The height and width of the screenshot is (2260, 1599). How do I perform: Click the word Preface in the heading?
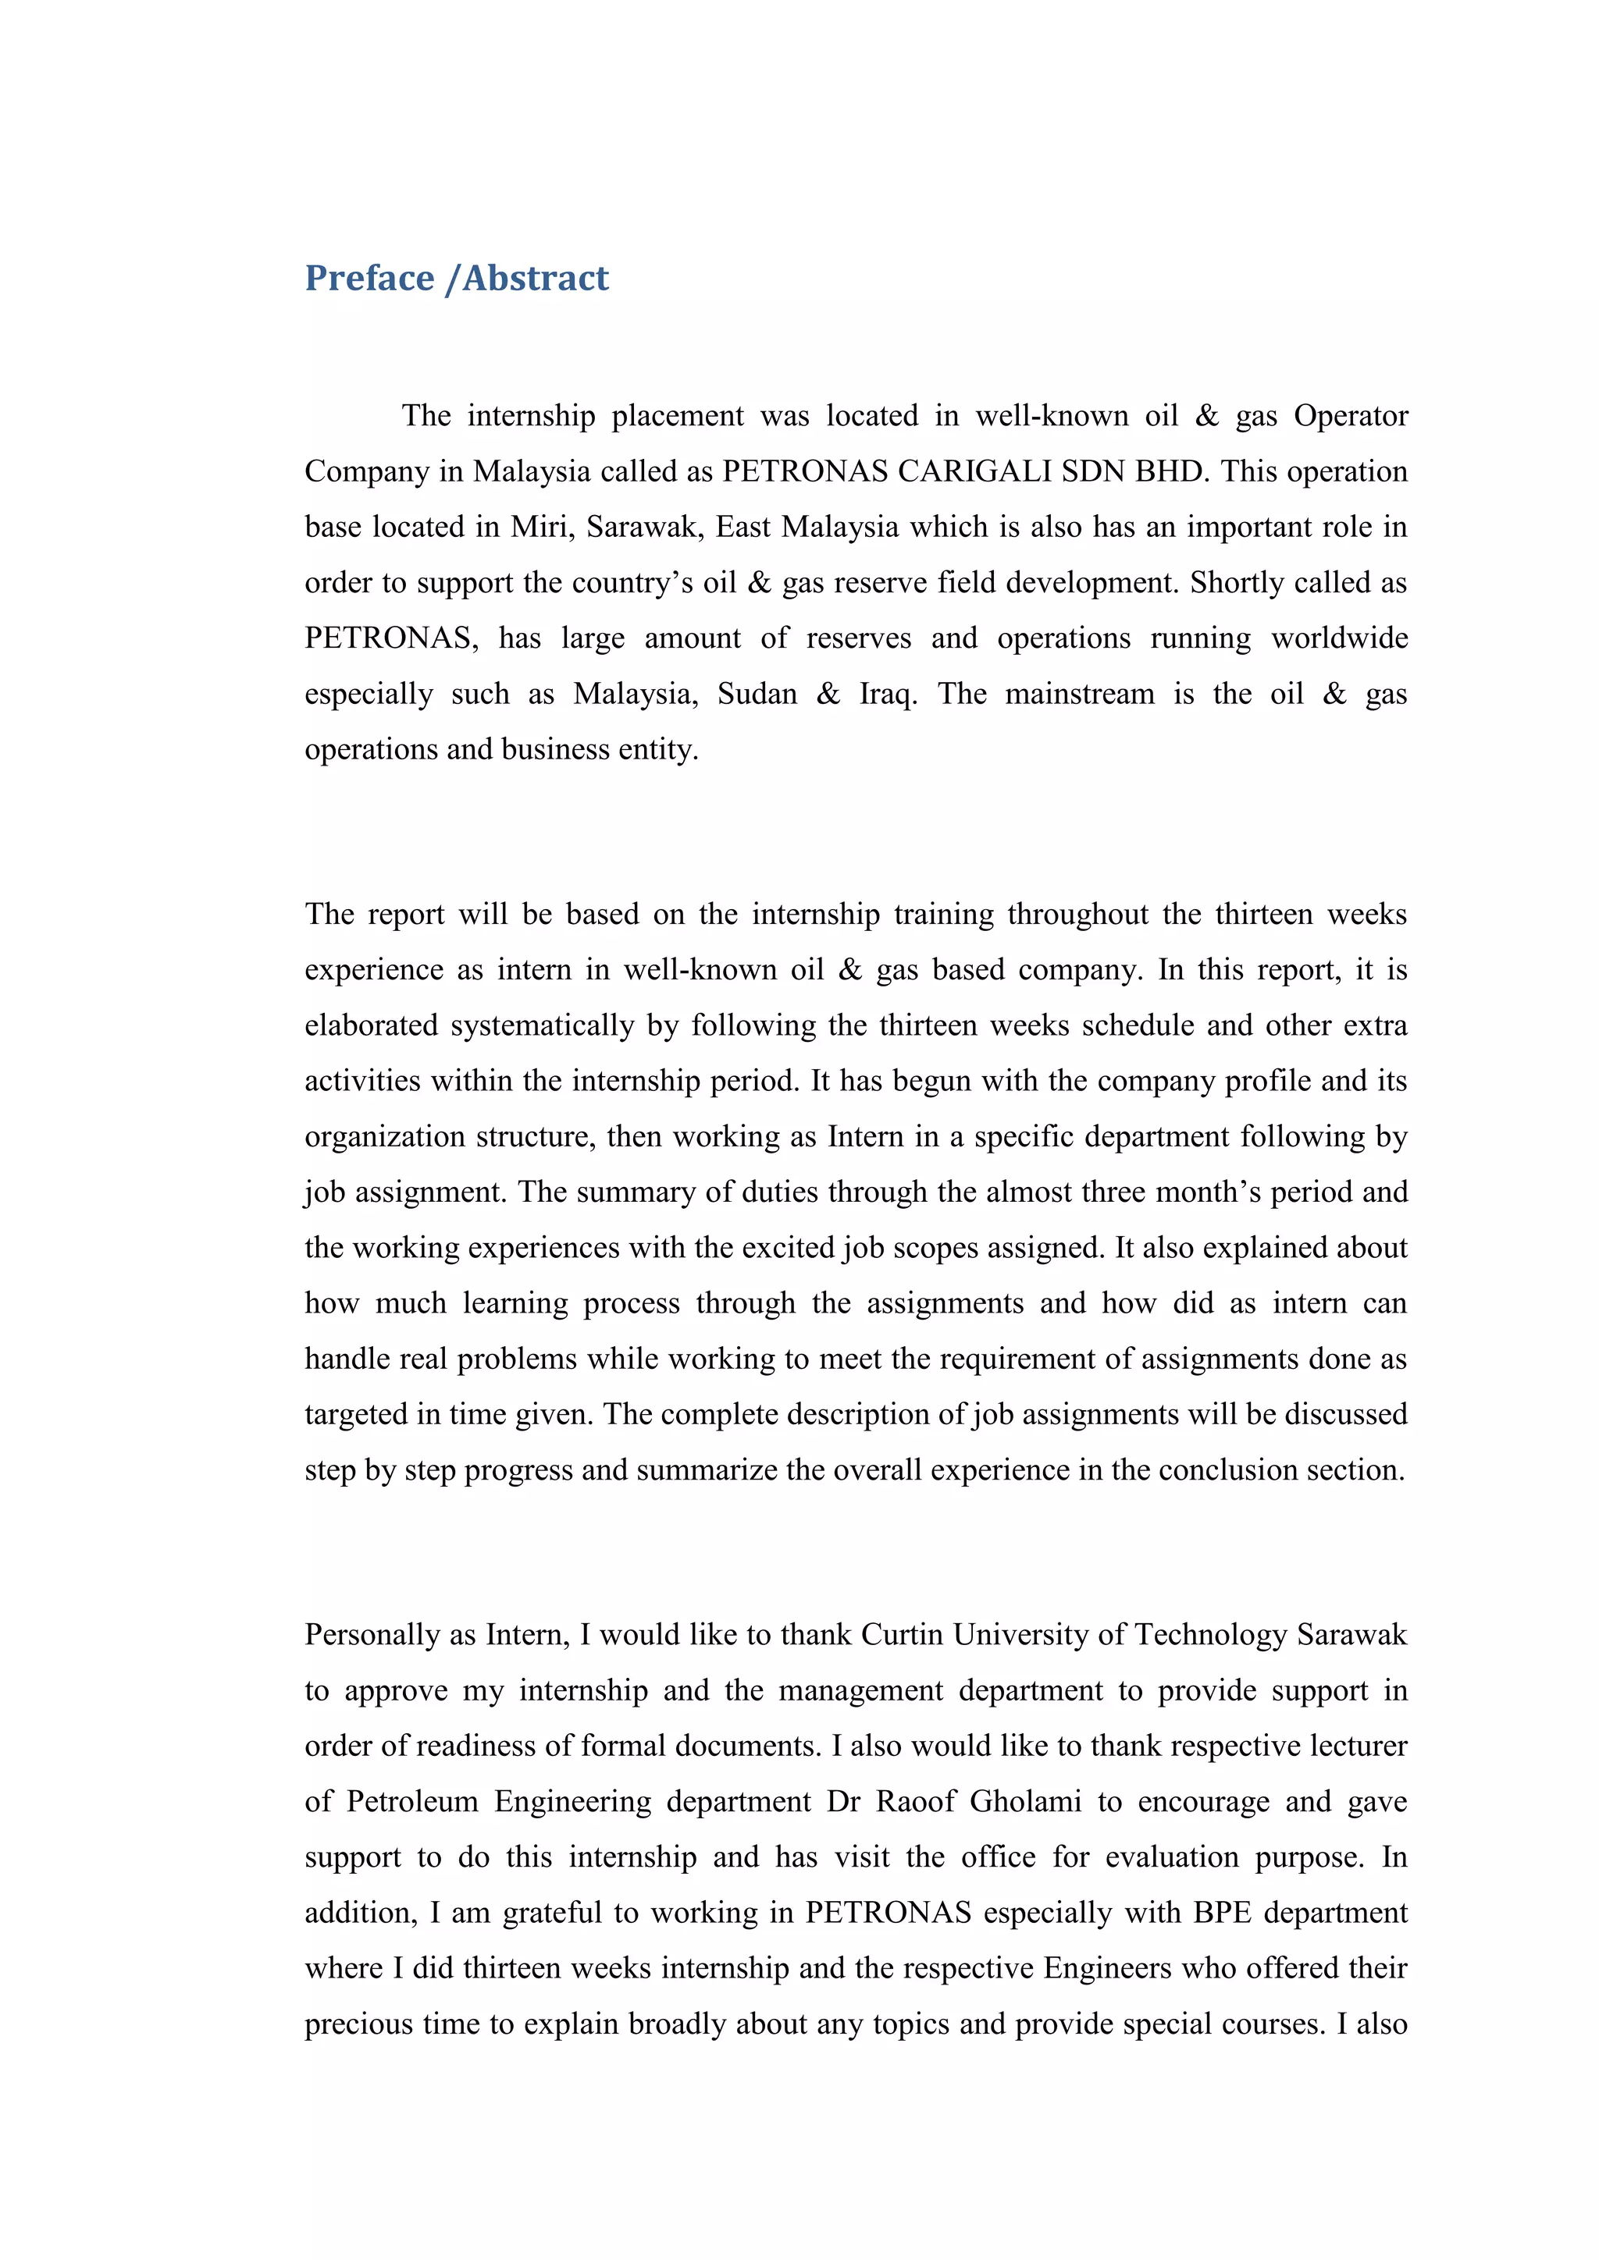(369, 279)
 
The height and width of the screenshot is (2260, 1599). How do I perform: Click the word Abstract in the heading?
(536, 279)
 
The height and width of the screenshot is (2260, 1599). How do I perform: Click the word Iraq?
(886, 694)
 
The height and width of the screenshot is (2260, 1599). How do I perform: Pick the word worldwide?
(1339, 639)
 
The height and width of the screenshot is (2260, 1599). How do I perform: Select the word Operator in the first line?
(1351, 417)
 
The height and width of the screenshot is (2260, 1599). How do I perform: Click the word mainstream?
(1079, 694)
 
